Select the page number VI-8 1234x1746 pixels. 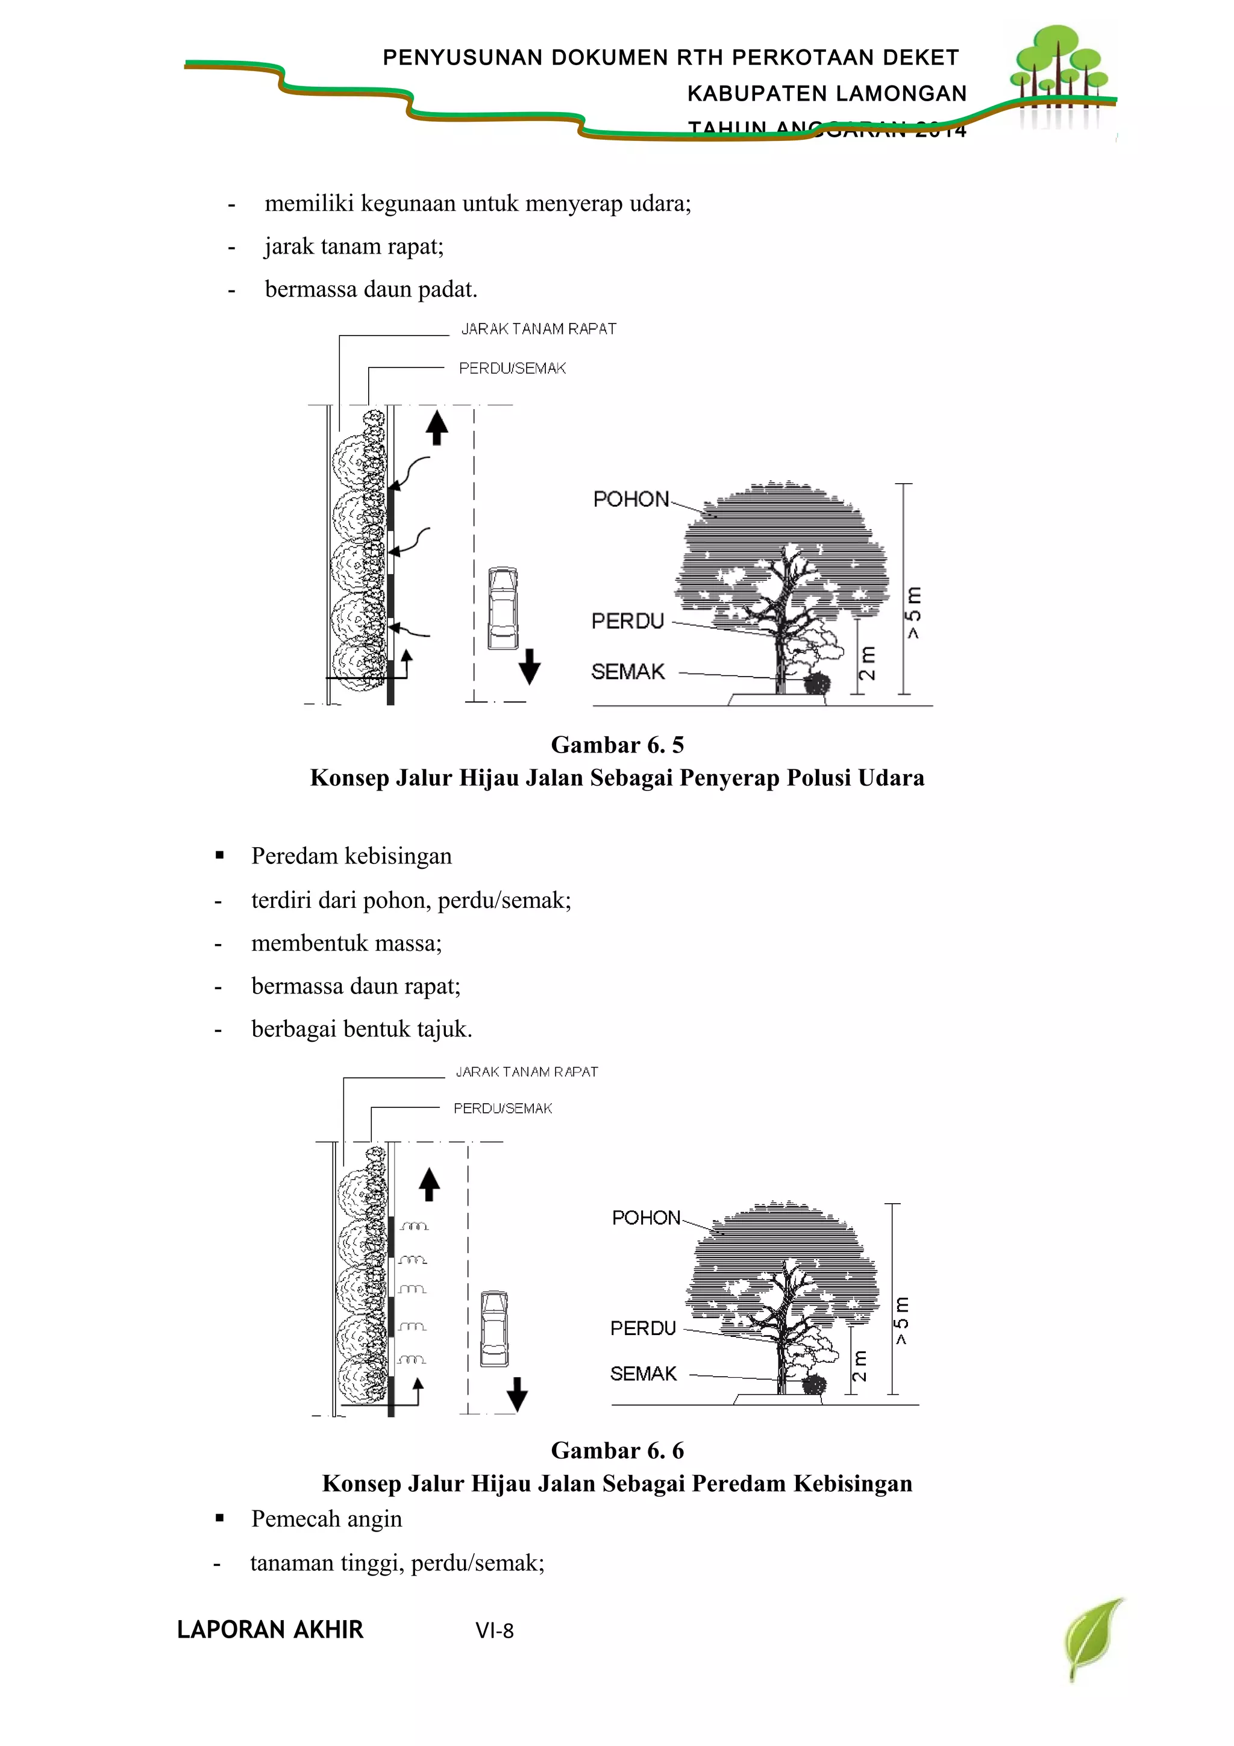(494, 1630)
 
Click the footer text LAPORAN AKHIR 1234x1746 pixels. (270, 1630)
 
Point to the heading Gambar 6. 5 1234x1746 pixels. (616, 745)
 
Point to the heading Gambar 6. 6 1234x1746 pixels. (616, 1450)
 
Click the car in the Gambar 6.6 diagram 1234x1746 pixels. (494, 1328)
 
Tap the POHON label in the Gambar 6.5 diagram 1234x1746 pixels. (631, 499)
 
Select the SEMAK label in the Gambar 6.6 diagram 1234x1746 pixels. (644, 1374)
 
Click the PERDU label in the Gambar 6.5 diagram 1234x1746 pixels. (628, 621)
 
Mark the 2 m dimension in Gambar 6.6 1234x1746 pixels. (859, 1366)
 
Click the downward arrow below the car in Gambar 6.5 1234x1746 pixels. (529, 666)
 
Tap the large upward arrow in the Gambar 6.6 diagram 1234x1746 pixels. (430, 1184)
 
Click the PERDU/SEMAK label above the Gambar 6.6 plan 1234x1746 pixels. (503, 1109)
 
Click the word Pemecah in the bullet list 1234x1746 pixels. (291, 1519)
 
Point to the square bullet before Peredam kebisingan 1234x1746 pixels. (220, 855)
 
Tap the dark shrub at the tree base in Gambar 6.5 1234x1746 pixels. (816, 684)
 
